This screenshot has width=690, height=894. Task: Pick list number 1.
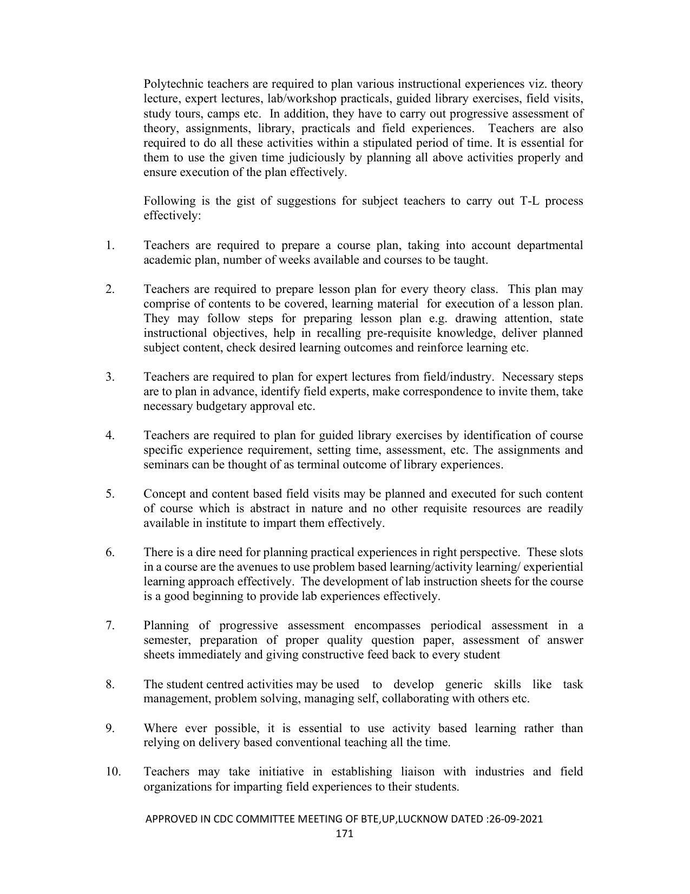coord(110,246)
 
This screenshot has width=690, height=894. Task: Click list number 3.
coord(110,377)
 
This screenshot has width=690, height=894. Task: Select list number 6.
coord(110,552)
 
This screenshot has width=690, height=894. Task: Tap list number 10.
coord(113,772)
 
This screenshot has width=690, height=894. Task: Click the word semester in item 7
coord(167,640)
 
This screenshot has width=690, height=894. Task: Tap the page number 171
coord(345,833)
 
